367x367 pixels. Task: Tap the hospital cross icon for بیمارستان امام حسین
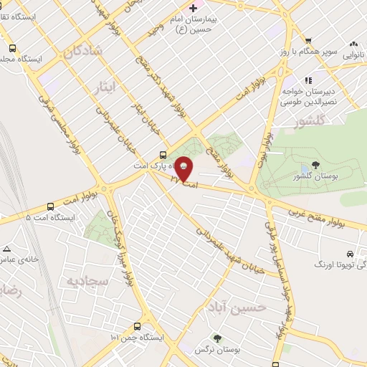(191, 8)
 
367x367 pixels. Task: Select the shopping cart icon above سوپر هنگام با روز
(308, 40)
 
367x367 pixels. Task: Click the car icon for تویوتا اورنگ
(349, 254)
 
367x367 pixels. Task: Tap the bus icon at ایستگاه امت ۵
(63, 216)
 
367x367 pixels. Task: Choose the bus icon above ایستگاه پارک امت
(163, 154)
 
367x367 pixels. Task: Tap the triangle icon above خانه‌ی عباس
(6, 249)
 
